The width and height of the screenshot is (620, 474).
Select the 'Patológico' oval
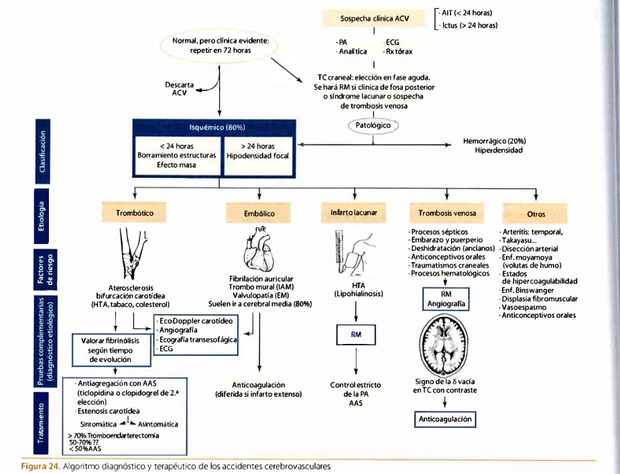[x=373, y=125]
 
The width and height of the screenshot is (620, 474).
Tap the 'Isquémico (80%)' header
[x=212, y=127]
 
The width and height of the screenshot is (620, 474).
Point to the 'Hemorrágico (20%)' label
[x=494, y=141]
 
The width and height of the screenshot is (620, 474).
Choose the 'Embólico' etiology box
[x=259, y=213]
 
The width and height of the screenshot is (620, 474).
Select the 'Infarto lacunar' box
[x=354, y=213]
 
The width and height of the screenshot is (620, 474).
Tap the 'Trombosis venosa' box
[x=442, y=213]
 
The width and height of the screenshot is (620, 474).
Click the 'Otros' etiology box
[x=536, y=214]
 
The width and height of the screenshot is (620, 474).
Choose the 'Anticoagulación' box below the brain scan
[x=446, y=420]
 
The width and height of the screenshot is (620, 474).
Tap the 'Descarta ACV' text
[x=179, y=89]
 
